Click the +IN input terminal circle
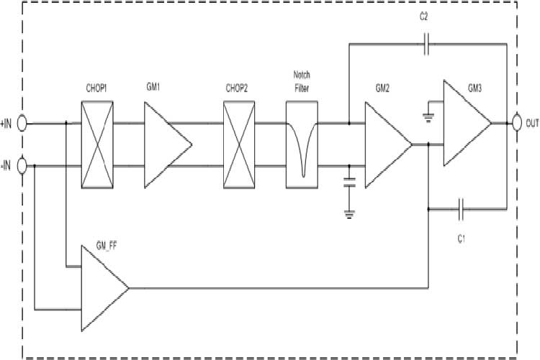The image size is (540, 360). pos(22,124)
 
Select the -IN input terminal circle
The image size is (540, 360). pos(22,166)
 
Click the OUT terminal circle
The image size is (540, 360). pos(516,123)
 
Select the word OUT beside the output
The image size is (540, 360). pos(532,124)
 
